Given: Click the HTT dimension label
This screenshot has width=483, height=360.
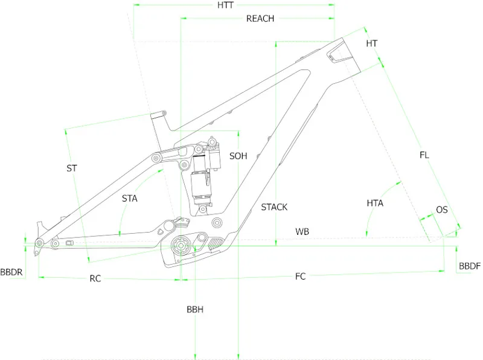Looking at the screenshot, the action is (x=225, y=5).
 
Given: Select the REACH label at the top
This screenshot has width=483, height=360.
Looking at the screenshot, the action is (x=260, y=19).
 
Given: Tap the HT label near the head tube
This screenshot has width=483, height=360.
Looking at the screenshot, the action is (x=372, y=43).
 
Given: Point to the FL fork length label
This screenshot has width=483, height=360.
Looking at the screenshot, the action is (x=424, y=155).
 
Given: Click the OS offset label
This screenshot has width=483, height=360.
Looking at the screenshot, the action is (x=442, y=210).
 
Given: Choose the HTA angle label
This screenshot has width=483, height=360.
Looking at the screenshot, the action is (x=375, y=203).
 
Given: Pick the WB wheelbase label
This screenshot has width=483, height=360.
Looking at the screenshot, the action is (x=302, y=231).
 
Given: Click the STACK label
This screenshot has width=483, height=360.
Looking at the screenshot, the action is (x=274, y=207).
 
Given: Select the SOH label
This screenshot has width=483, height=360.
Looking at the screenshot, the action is (x=238, y=156).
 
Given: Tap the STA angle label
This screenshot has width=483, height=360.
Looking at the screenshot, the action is (x=129, y=198).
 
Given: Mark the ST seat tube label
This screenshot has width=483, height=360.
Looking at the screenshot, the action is (x=72, y=169).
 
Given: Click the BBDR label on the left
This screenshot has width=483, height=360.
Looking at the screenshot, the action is (x=11, y=272).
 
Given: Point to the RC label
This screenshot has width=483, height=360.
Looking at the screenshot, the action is (x=95, y=278).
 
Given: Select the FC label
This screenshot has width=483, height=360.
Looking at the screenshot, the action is (x=300, y=276).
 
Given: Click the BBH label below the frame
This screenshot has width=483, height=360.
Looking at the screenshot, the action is (x=195, y=309).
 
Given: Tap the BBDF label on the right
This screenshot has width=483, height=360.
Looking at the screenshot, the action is (x=470, y=266).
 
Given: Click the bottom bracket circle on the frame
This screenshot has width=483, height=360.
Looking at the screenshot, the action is (x=180, y=246).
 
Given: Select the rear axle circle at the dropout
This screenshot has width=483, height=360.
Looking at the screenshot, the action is (x=39, y=243).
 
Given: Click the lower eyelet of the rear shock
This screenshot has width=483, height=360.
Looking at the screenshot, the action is (x=203, y=210).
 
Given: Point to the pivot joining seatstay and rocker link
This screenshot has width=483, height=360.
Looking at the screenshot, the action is (x=156, y=159).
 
